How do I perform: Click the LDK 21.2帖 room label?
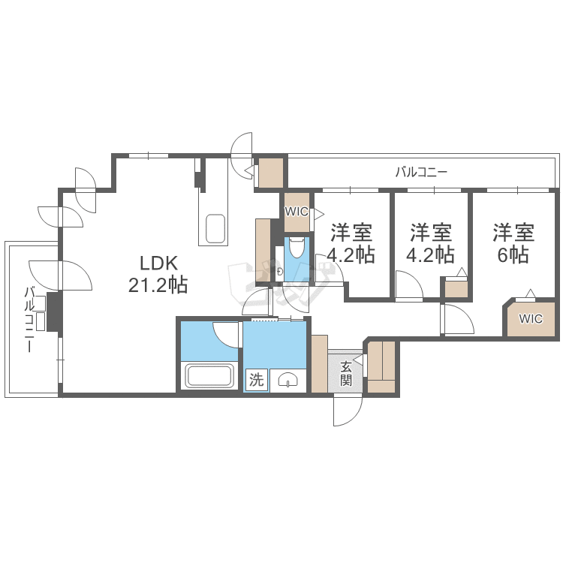(x=158, y=274)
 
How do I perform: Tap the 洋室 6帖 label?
(x=513, y=243)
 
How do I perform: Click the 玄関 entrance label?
(x=346, y=373)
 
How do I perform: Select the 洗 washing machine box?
(x=257, y=380)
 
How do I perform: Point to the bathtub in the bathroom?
(x=209, y=376)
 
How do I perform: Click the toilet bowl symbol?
(x=297, y=248)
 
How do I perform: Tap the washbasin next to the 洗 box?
(x=288, y=381)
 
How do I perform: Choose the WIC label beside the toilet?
(x=297, y=211)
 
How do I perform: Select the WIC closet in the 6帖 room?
(x=531, y=318)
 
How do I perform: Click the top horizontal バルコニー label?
(x=421, y=173)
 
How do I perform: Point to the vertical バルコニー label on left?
(x=29, y=320)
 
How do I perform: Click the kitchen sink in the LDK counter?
(x=215, y=229)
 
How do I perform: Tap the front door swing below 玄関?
(x=348, y=411)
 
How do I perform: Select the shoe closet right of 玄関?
(x=381, y=366)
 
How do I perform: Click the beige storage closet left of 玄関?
(x=319, y=363)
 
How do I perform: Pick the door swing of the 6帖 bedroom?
(x=459, y=319)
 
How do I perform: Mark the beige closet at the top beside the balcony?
(x=271, y=173)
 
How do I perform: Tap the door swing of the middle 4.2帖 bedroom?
(x=409, y=285)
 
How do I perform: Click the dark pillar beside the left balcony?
(x=55, y=312)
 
